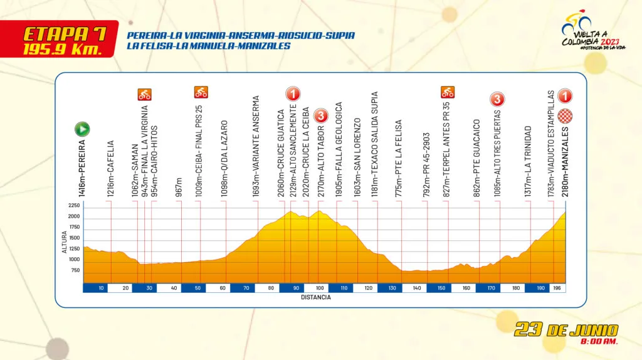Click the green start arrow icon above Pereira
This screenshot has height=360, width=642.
82,129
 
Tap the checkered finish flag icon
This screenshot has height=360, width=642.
565,116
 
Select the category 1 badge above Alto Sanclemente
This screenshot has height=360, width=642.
293,94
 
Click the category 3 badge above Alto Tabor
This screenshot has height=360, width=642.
321,116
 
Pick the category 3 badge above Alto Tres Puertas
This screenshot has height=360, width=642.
497,99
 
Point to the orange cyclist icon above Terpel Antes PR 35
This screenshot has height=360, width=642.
448,92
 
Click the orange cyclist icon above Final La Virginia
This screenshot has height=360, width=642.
145,95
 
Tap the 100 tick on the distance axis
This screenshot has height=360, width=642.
320,288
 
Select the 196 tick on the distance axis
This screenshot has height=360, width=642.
557,288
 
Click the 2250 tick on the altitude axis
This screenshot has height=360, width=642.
74,206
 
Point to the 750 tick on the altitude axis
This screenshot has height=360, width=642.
76,270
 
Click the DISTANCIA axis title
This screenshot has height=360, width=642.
316,297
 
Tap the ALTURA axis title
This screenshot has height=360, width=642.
65,242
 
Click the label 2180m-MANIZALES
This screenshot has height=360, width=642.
565,162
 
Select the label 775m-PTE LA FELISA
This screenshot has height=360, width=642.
399,159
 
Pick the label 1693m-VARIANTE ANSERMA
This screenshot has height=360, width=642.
256,147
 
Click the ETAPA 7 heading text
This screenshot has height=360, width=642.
65,34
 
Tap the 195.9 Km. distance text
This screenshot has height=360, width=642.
62,50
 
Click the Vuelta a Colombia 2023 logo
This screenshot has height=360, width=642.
593,32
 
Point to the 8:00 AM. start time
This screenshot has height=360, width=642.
599,341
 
